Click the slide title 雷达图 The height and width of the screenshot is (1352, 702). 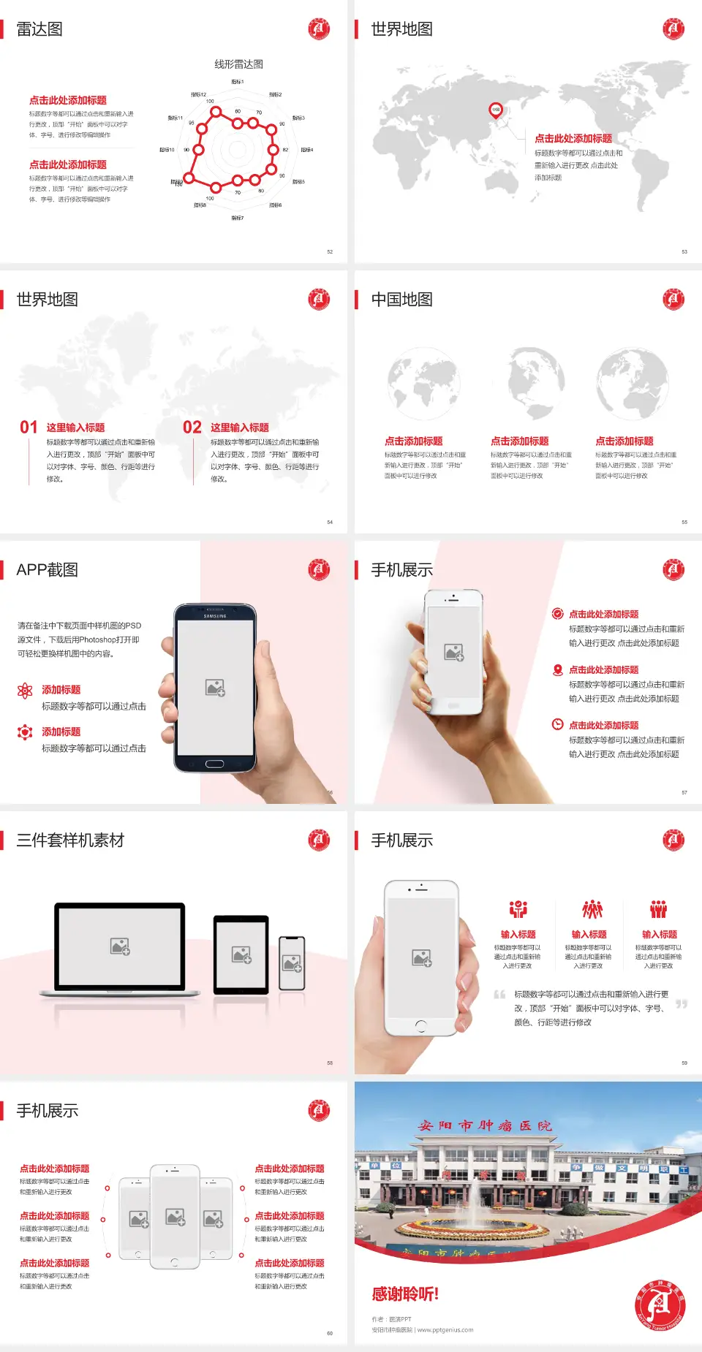pyautogui.click(x=39, y=29)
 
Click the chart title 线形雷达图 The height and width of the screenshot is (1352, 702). pyautogui.click(x=238, y=64)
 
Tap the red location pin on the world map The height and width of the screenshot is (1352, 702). pyautogui.click(x=495, y=110)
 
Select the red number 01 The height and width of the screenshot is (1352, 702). pyautogui.click(x=29, y=428)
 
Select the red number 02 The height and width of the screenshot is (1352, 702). pyautogui.click(x=192, y=428)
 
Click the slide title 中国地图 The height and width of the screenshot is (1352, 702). pyautogui.click(x=401, y=300)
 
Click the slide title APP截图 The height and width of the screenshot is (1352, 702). pyautogui.click(x=47, y=570)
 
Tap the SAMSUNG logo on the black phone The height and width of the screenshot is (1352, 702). pyautogui.click(x=215, y=616)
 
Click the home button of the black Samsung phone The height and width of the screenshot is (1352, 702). pyautogui.click(x=214, y=764)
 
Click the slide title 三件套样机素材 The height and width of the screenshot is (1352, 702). pyautogui.click(x=70, y=840)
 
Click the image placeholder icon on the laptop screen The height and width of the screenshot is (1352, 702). pyautogui.click(x=120, y=946)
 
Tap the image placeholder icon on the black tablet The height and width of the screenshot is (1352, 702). pyautogui.click(x=241, y=954)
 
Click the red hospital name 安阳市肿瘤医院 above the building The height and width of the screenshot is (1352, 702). pyautogui.click(x=485, y=1126)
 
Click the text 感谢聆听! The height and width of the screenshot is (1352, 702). pyautogui.click(x=405, y=1294)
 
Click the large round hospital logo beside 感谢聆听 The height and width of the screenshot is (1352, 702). pyautogui.click(x=660, y=1306)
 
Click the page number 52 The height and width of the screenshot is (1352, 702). pyautogui.click(x=330, y=251)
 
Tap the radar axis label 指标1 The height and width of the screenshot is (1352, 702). pyautogui.click(x=238, y=82)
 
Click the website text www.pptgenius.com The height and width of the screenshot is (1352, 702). pyautogui.click(x=445, y=1330)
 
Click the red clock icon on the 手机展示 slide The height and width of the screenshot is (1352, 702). pyautogui.click(x=557, y=724)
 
